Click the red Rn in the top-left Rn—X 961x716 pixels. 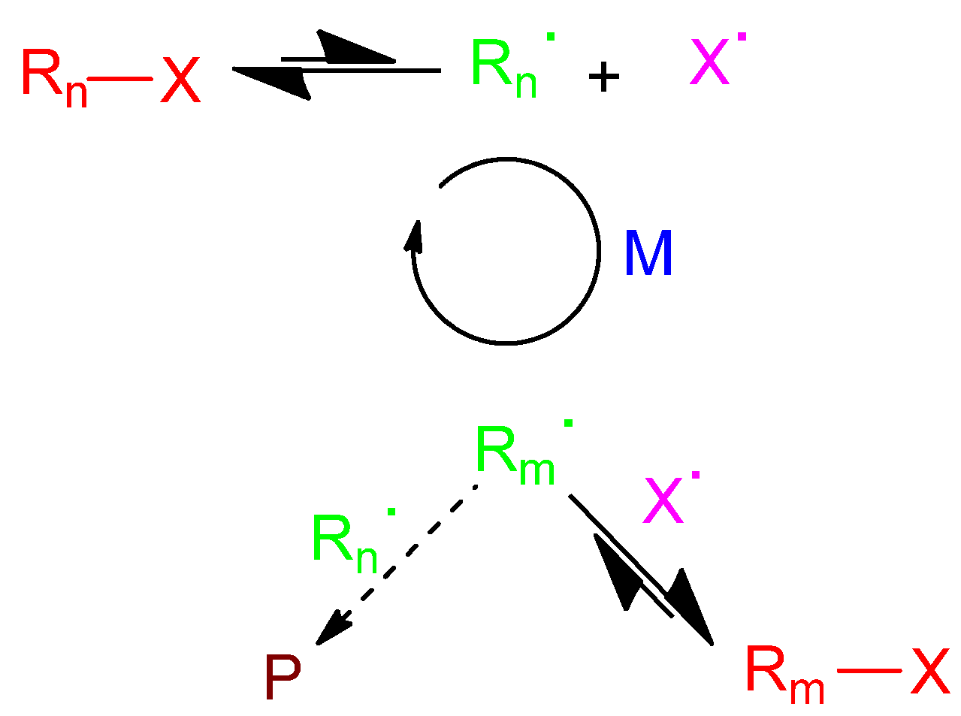(x=53, y=77)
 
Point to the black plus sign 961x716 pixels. (x=603, y=77)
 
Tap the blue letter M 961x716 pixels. (x=648, y=254)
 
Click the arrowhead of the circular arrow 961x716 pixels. (x=414, y=234)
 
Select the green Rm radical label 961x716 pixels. (x=515, y=457)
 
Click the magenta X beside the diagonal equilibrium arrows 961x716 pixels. (x=664, y=502)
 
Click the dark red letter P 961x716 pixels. (x=283, y=678)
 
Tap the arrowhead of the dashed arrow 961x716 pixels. (x=331, y=628)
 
